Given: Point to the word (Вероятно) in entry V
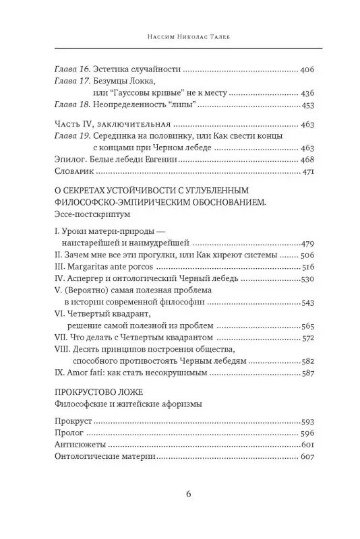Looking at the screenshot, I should tap(84, 290).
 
